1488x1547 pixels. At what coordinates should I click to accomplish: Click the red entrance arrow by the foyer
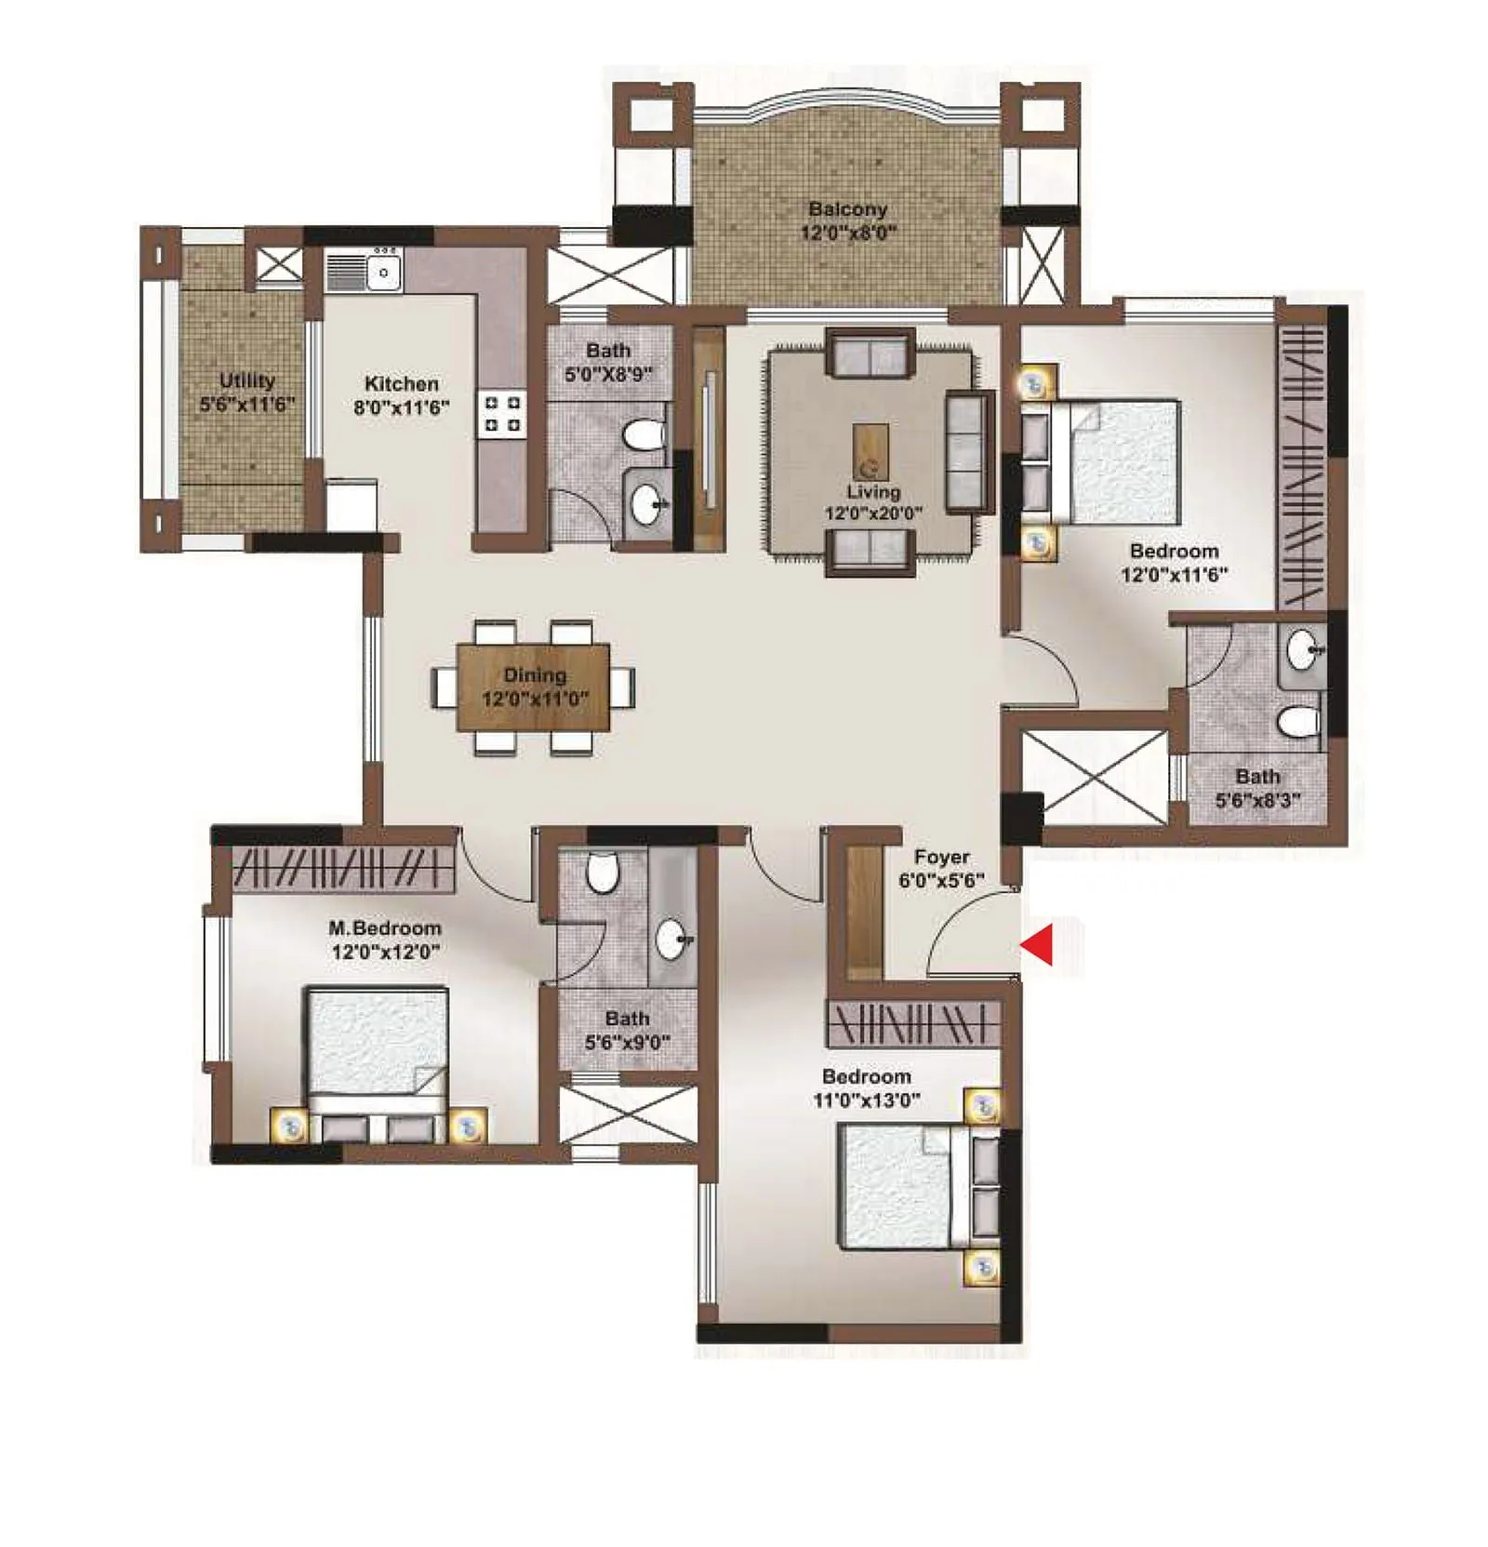pyautogui.click(x=1039, y=944)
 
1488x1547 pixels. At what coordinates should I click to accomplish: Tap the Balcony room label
pyautogui.click(x=846, y=209)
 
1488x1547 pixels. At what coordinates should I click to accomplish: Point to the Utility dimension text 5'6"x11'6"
pyautogui.click(x=246, y=405)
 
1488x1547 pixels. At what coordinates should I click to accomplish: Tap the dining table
pyautogui.click(x=533, y=687)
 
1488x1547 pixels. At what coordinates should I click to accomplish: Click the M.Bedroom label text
pyautogui.click(x=384, y=927)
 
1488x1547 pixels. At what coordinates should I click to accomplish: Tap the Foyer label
pyautogui.click(x=941, y=857)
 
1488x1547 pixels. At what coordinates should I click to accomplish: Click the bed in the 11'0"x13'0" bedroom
pyautogui.click(x=907, y=1187)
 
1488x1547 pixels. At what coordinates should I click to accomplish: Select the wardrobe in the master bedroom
pyautogui.click(x=342, y=868)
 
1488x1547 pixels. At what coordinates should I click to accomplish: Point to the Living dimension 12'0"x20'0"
pyautogui.click(x=872, y=513)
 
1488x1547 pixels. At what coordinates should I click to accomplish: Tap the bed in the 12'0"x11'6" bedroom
pyautogui.click(x=1116, y=460)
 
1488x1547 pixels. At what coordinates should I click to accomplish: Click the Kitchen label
pyautogui.click(x=401, y=383)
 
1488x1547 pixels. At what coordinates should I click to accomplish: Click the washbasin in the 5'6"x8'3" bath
pyautogui.click(x=1302, y=648)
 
